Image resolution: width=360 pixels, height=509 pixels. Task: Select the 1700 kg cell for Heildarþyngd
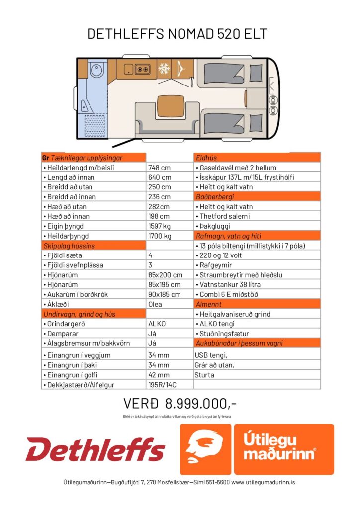click(x=160, y=236)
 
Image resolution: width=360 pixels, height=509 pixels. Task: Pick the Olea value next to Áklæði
click(x=155, y=304)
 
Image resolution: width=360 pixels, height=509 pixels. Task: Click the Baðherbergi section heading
click(x=214, y=197)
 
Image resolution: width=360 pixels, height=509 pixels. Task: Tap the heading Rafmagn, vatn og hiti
click(x=229, y=236)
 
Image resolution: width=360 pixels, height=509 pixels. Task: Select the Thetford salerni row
click(x=225, y=216)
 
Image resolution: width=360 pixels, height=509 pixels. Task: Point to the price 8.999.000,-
click(x=180, y=403)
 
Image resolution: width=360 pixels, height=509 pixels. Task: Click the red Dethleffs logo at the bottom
click(x=95, y=449)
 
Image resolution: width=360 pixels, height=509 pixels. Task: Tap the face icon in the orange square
click(x=204, y=448)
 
